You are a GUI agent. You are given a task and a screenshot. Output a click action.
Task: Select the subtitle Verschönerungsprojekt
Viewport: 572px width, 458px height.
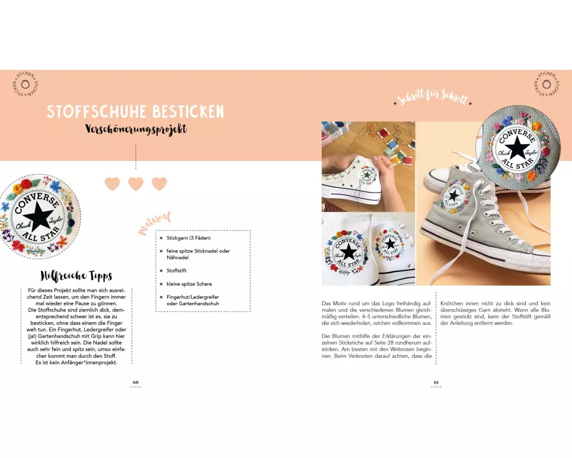136,129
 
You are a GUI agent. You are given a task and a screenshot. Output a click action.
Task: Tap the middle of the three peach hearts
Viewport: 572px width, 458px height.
136,184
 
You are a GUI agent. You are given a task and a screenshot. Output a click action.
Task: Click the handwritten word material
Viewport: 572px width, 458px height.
154,222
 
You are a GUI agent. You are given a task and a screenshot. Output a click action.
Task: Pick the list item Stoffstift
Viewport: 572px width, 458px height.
177,271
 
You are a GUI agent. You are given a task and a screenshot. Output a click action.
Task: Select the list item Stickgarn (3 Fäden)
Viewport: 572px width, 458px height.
189,238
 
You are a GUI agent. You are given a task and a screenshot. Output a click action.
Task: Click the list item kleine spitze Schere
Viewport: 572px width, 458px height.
189,284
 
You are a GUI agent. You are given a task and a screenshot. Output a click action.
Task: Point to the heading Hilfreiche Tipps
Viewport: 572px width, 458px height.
76,276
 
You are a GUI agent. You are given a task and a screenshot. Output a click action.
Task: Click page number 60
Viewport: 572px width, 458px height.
136,382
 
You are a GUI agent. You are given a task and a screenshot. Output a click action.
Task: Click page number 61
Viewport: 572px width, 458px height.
436,382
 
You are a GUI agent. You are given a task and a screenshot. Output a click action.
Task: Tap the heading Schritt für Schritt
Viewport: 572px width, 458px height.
432,97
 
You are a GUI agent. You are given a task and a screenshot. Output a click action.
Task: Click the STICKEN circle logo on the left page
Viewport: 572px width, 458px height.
25,84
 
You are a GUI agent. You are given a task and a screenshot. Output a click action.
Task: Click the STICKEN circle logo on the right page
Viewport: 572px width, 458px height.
546,84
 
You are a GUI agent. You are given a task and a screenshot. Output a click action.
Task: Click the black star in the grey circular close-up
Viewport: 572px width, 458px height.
516,147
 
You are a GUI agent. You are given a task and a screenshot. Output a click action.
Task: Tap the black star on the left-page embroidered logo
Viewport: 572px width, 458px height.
38,215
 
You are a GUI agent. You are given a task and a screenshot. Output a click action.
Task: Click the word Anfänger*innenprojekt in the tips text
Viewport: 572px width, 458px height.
85,362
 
